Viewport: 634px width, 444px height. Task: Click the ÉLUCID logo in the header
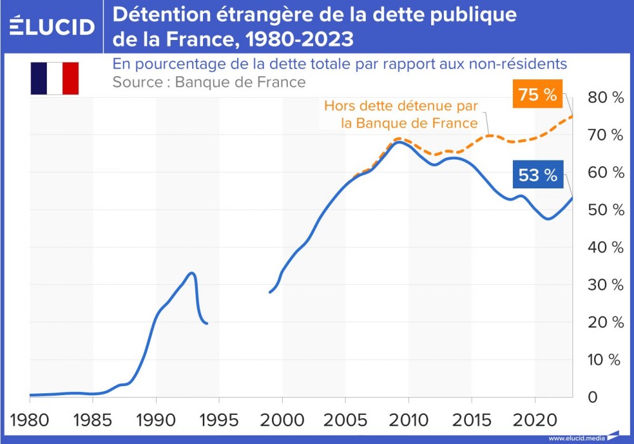pyautogui.click(x=52, y=26)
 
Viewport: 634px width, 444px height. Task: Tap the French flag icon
pyautogui.click(x=55, y=78)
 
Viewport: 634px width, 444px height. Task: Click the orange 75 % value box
pyautogui.click(x=537, y=95)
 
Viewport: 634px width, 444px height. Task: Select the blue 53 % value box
pyautogui.click(x=537, y=175)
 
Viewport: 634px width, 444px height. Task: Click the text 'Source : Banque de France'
pyautogui.click(x=209, y=82)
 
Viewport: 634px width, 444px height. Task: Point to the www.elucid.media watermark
pyautogui.click(x=576, y=437)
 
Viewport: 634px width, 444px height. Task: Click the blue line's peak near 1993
pyautogui.click(x=191, y=273)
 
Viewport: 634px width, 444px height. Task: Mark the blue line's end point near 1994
pyautogui.click(x=207, y=323)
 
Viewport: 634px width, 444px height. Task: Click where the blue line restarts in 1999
pyautogui.click(x=270, y=292)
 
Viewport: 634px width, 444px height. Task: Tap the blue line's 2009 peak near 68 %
pyautogui.click(x=398, y=142)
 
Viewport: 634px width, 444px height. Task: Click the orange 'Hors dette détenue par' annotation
pyautogui.click(x=401, y=106)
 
